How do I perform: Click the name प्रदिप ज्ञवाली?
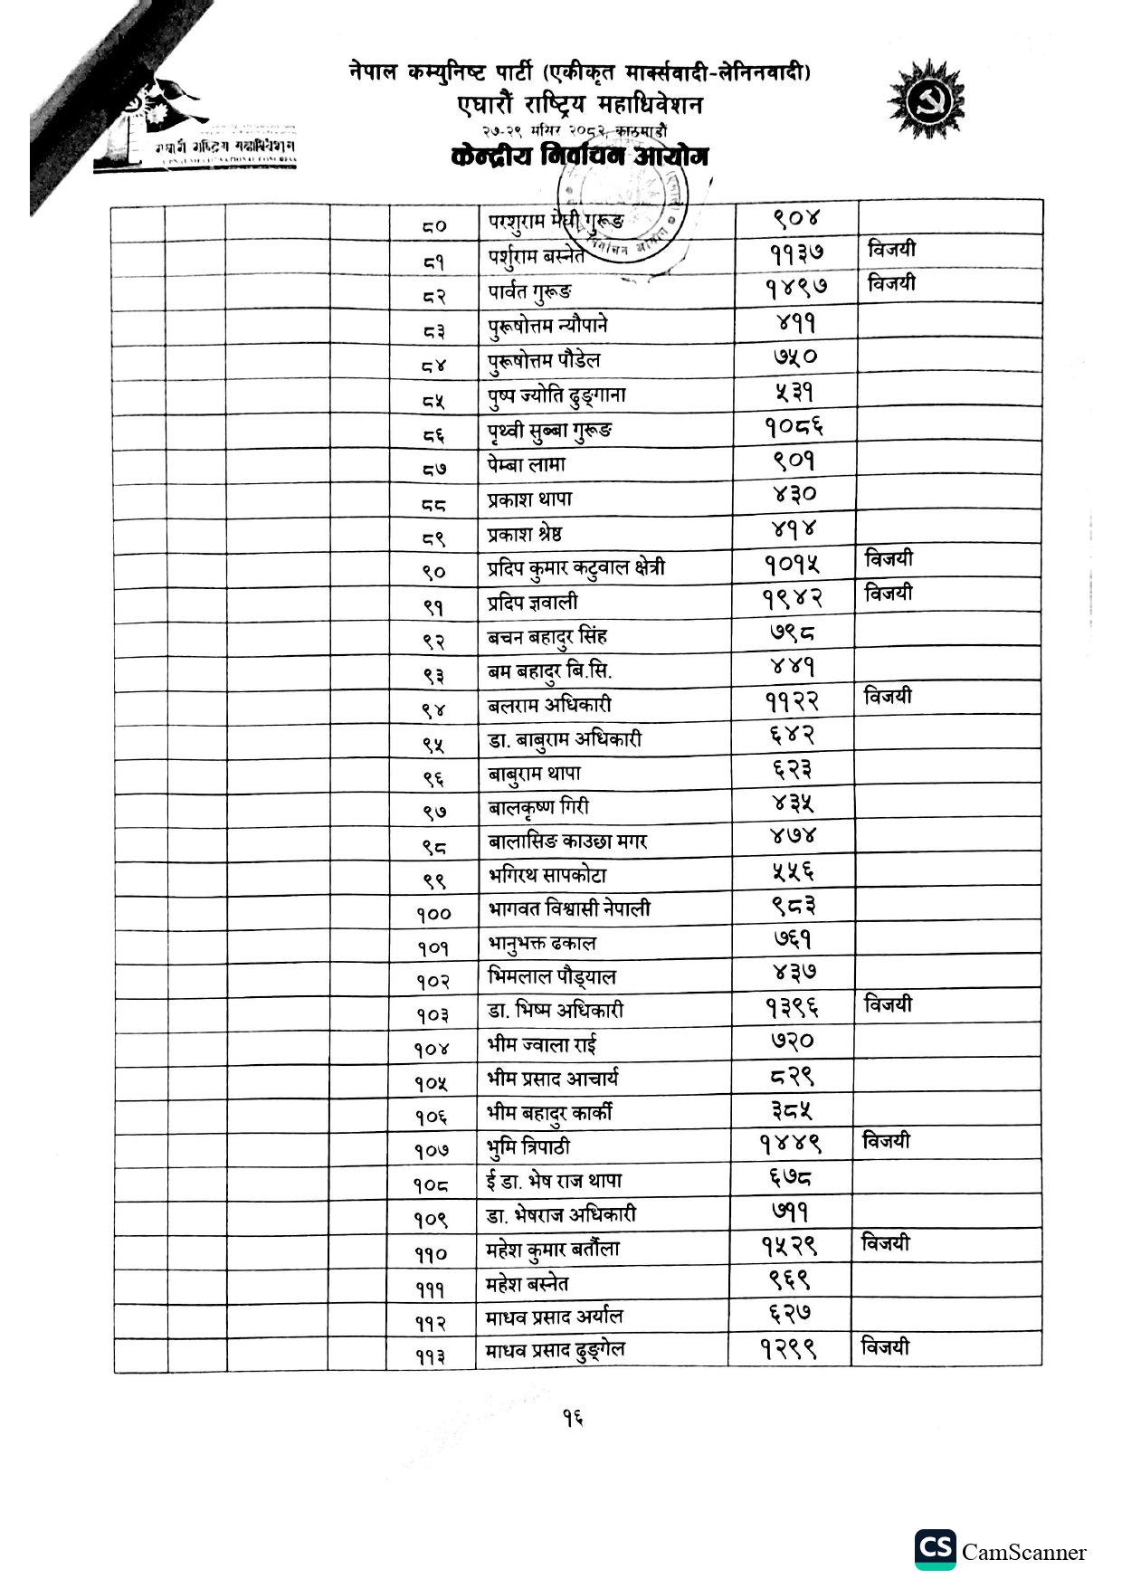[x=532, y=603]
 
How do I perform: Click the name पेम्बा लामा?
[x=527, y=464]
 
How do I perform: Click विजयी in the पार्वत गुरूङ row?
[x=891, y=283]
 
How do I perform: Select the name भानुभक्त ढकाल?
[x=542, y=943]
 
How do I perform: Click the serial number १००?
[x=433, y=914]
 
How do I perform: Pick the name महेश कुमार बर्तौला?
[x=553, y=1250]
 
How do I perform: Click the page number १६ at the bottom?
[x=571, y=1419]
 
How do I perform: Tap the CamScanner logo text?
[x=1023, y=1553]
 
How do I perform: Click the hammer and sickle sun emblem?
[x=926, y=99]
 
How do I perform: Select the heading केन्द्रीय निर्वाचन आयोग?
[x=579, y=157]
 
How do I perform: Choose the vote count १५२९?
[x=789, y=1246]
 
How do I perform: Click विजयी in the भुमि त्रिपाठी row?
[x=886, y=1141]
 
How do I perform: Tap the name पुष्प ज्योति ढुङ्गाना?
[x=556, y=395]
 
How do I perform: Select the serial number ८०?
[x=434, y=225]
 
